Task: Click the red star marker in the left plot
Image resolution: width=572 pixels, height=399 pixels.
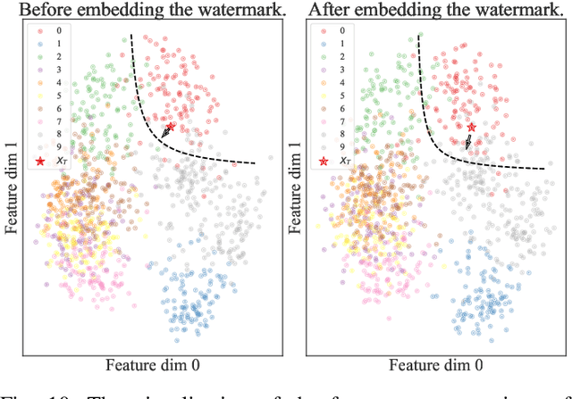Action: click(x=172, y=127)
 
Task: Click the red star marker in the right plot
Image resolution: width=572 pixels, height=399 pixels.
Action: click(x=471, y=129)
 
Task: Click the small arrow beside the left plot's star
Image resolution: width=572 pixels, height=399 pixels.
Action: click(x=164, y=134)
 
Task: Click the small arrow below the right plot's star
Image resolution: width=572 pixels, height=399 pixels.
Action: click(x=468, y=142)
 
